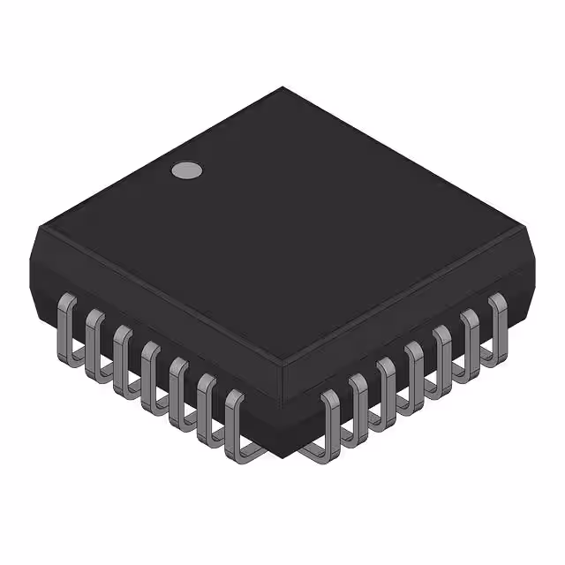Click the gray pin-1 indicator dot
(186, 170)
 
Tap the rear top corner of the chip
(282, 87)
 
